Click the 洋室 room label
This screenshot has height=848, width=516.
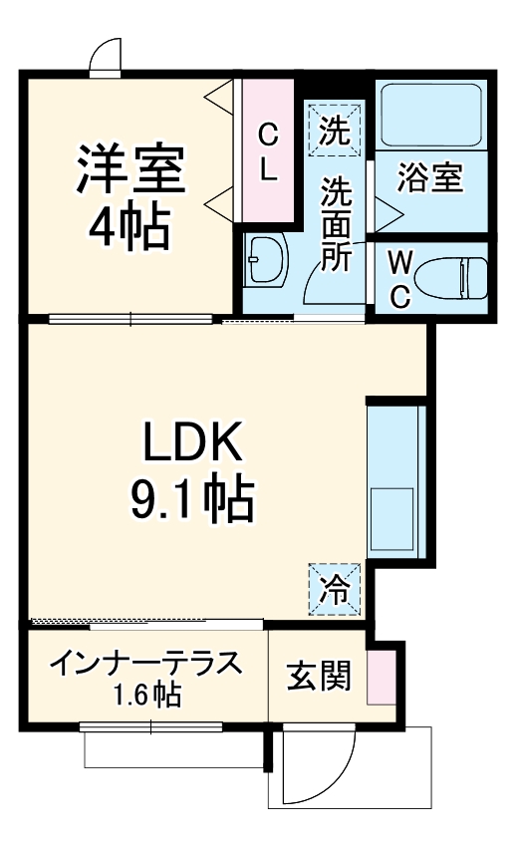click(x=130, y=169)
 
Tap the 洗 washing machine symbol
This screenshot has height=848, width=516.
click(x=336, y=131)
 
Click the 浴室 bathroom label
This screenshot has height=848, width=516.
click(x=430, y=180)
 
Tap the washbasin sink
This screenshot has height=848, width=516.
click(x=265, y=262)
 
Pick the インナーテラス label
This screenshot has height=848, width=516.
click(x=145, y=663)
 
